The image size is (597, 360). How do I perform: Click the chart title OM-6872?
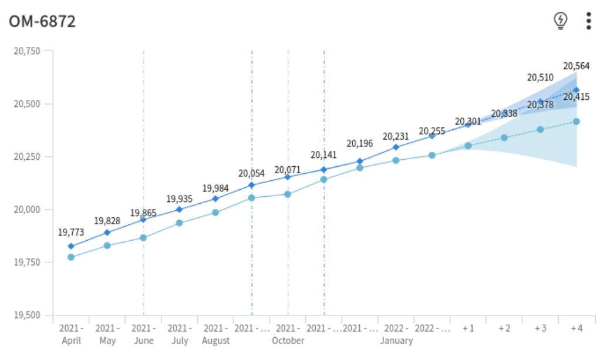(x=42, y=22)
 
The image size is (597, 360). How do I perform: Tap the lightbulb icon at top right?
(x=561, y=21)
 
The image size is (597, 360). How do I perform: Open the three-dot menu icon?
(x=588, y=21)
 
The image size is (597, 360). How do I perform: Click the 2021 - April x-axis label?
(x=71, y=334)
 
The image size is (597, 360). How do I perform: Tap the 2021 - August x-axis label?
(x=215, y=334)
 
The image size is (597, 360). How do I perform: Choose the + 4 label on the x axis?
(x=576, y=328)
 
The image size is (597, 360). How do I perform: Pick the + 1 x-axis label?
(x=468, y=328)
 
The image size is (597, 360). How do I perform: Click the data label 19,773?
(x=70, y=233)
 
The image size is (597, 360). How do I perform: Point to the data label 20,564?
(x=576, y=66)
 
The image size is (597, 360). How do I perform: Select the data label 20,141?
(x=323, y=155)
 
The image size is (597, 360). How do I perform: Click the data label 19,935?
(x=179, y=199)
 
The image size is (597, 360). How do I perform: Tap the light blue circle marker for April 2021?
(x=71, y=257)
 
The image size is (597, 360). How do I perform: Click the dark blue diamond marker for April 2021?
(x=71, y=246)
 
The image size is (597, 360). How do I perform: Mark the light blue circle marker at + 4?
(x=576, y=122)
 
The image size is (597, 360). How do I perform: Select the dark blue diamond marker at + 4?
(x=576, y=90)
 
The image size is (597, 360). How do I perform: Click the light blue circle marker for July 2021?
(x=180, y=223)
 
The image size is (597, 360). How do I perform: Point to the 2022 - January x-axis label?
(x=396, y=334)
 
